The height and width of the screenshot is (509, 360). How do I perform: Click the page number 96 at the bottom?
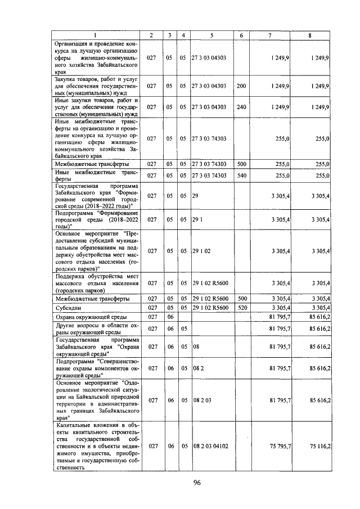click(x=197, y=482)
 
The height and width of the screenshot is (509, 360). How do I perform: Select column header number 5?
click(x=211, y=35)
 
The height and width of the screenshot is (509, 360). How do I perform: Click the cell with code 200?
click(x=241, y=86)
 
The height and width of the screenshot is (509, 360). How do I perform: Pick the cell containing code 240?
click(x=241, y=106)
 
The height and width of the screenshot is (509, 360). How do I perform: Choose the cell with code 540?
click(x=241, y=175)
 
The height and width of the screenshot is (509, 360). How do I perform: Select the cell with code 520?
click(x=241, y=308)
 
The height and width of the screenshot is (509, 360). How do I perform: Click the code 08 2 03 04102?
click(x=211, y=445)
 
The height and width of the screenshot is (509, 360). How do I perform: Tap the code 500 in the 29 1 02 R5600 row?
click(x=241, y=299)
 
